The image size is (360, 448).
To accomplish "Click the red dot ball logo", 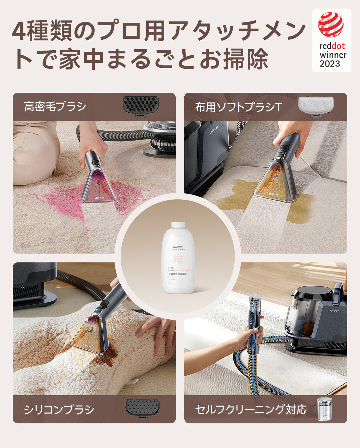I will click(x=331, y=25).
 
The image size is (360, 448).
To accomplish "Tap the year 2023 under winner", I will click(x=330, y=63).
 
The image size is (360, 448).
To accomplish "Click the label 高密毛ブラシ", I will click(x=55, y=107).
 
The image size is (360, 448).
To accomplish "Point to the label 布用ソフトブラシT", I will click(x=238, y=107).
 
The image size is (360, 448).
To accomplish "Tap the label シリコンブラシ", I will click(x=59, y=410).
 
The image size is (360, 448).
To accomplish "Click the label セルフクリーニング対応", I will click(x=251, y=410).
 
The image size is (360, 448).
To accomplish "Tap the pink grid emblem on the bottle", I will click(x=178, y=259).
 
